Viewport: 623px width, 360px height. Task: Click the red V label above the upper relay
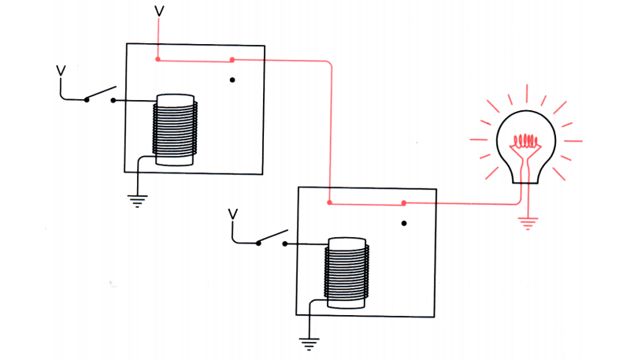(x=160, y=11)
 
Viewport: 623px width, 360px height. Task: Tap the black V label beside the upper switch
(x=61, y=71)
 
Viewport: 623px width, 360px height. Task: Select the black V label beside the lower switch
(x=232, y=213)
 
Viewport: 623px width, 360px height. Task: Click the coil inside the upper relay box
(x=175, y=129)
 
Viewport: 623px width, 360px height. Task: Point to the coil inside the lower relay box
(x=347, y=273)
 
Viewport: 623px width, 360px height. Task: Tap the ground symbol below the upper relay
(x=139, y=200)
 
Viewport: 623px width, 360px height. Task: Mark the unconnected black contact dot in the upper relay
(x=232, y=80)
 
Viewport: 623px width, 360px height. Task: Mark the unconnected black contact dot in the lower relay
(x=404, y=223)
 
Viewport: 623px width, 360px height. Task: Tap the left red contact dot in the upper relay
(x=158, y=59)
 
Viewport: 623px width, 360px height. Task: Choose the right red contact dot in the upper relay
(x=232, y=60)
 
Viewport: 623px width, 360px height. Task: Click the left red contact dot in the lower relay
(x=330, y=203)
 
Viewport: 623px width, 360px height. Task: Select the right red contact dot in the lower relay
(x=404, y=203)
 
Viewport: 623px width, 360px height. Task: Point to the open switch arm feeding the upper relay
(x=101, y=93)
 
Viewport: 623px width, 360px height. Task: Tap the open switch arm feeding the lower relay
(x=273, y=237)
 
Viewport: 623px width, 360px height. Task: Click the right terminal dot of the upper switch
(x=114, y=100)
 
